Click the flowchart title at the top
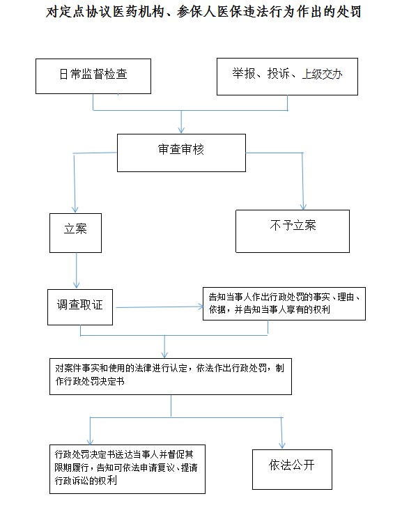203,12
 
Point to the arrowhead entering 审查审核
181,130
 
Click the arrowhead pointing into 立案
75,210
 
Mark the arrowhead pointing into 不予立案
303,206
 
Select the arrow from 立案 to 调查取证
77,270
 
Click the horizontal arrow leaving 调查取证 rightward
160,307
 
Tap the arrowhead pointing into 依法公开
282,446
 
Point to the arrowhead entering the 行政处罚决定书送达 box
90,441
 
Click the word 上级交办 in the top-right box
322,74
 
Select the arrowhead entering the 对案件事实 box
164,355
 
